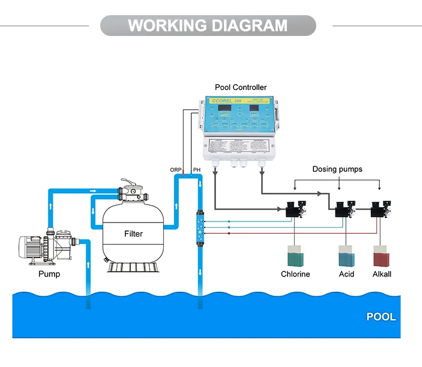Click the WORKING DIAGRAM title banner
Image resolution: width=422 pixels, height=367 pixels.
point(208,26)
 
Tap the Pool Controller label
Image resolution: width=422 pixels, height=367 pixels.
point(241,88)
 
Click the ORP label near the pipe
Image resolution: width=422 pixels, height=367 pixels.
point(176,169)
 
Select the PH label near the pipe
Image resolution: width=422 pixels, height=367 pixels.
point(196,169)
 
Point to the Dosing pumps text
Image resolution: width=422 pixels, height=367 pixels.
point(338,169)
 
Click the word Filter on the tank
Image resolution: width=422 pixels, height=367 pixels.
point(134,233)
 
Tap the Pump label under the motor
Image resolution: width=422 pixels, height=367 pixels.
point(49,274)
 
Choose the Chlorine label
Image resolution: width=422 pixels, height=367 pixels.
point(295,274)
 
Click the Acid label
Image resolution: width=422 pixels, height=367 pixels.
point(347,274)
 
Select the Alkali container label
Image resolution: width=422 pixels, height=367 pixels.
point(382,274)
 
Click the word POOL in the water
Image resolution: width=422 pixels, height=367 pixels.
point(381,316)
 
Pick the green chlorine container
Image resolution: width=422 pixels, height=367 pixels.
point(295,256)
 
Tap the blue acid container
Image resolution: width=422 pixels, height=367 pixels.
point(347,256)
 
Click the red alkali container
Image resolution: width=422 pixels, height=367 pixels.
point(382,256)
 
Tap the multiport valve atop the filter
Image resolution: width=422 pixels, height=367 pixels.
point(134,193)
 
